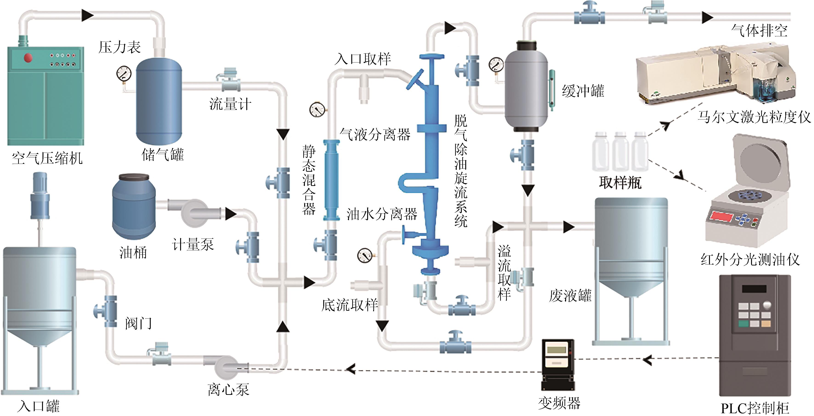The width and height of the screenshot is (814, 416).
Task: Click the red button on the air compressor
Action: coord(28,57)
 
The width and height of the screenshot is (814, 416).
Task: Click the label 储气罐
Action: coord(162,155)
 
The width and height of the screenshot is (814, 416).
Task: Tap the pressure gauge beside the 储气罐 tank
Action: coord(124,74)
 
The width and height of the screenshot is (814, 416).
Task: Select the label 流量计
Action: coord(230,104)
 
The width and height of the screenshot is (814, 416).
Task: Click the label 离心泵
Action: coord(228,389)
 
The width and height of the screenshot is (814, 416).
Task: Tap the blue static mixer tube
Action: coord(331,180)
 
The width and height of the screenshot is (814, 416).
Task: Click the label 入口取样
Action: coord(363,59)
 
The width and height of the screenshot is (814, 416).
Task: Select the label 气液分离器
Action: coord(375,134)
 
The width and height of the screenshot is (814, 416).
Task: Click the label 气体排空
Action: coord(759,31)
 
